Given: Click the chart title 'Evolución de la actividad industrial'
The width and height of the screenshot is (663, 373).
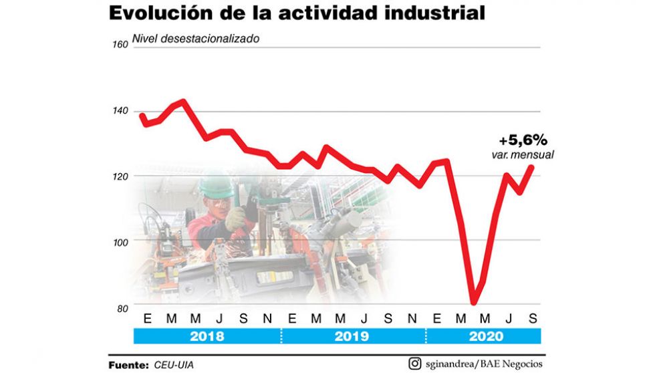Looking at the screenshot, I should (x=297, y=13).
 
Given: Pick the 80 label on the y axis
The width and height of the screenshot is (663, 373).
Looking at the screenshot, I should (x=122, y=308).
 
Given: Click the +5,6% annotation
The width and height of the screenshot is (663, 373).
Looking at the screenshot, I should (x=523, y=140).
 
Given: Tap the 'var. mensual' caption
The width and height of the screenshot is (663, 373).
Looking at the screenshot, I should (x=523, y=155).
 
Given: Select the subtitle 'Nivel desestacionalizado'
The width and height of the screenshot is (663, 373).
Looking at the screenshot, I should (x=196, y=38).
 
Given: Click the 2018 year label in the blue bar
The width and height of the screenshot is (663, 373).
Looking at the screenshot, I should (x=207, y=336).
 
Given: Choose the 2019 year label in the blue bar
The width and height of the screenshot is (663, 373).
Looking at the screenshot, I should (x=353, y=336).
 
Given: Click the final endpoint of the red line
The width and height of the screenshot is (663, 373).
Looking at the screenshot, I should (x=533, y=167).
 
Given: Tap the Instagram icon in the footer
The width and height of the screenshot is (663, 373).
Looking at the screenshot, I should (x=414, y=364).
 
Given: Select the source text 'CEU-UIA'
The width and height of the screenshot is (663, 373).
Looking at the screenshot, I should (x=177, y=365).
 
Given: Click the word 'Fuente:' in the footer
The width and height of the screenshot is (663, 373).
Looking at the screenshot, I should (x=128, y=365).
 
